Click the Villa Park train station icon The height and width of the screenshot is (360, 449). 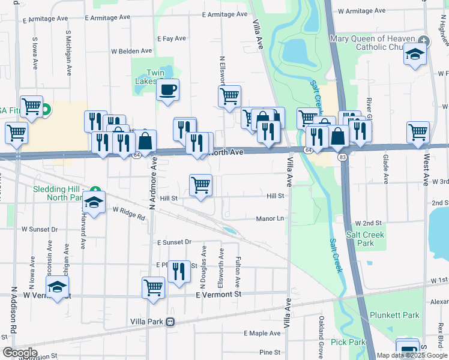click(170, 322)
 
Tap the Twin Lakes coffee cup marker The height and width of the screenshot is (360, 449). click(167, 91)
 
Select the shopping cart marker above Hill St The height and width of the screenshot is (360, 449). click(200, 185)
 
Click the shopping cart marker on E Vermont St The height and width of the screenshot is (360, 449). click(153, 287)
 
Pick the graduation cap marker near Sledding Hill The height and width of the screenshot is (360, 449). click(94, 202)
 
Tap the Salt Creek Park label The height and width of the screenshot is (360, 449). click(360, 239)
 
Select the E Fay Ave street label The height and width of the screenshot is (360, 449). click(172, 38)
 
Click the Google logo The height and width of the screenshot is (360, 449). click(20, 353)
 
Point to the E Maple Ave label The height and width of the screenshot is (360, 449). click(262, 333)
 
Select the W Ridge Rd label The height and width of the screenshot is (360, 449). click(129, 213)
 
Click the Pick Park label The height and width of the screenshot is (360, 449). click(348, 342)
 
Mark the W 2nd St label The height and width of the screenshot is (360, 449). click(368, 223)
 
